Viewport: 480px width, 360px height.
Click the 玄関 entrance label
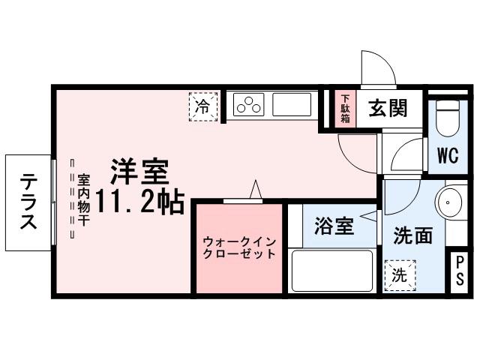point(387,109)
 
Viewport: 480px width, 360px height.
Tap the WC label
point(448,157)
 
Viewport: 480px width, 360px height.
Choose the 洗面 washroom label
point(412,235)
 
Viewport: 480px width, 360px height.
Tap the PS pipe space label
point(460,270)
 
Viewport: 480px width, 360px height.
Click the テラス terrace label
point(28,202)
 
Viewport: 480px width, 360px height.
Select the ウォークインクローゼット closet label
point(239,247)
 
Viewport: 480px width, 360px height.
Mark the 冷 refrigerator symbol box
point(202,106)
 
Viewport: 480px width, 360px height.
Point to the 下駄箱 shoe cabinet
point(346,109)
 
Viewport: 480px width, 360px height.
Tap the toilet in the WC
point(448,117)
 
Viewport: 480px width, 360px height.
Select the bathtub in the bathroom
point(331,271)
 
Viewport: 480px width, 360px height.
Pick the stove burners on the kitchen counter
point(248,106)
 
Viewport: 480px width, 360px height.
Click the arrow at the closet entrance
point(256,191)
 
